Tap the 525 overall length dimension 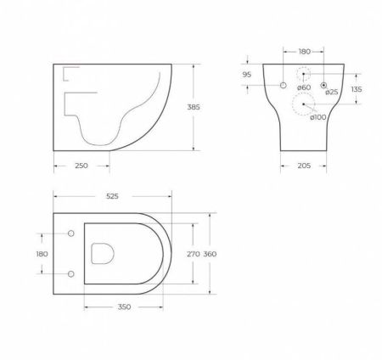point(113,196)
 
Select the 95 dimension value point(249,75)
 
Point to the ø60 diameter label point(305,88)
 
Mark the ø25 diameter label point(332,92)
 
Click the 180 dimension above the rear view point(306,52)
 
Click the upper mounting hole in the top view point(70,233)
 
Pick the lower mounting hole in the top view point(70,273)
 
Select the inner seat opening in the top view point(103,252)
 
